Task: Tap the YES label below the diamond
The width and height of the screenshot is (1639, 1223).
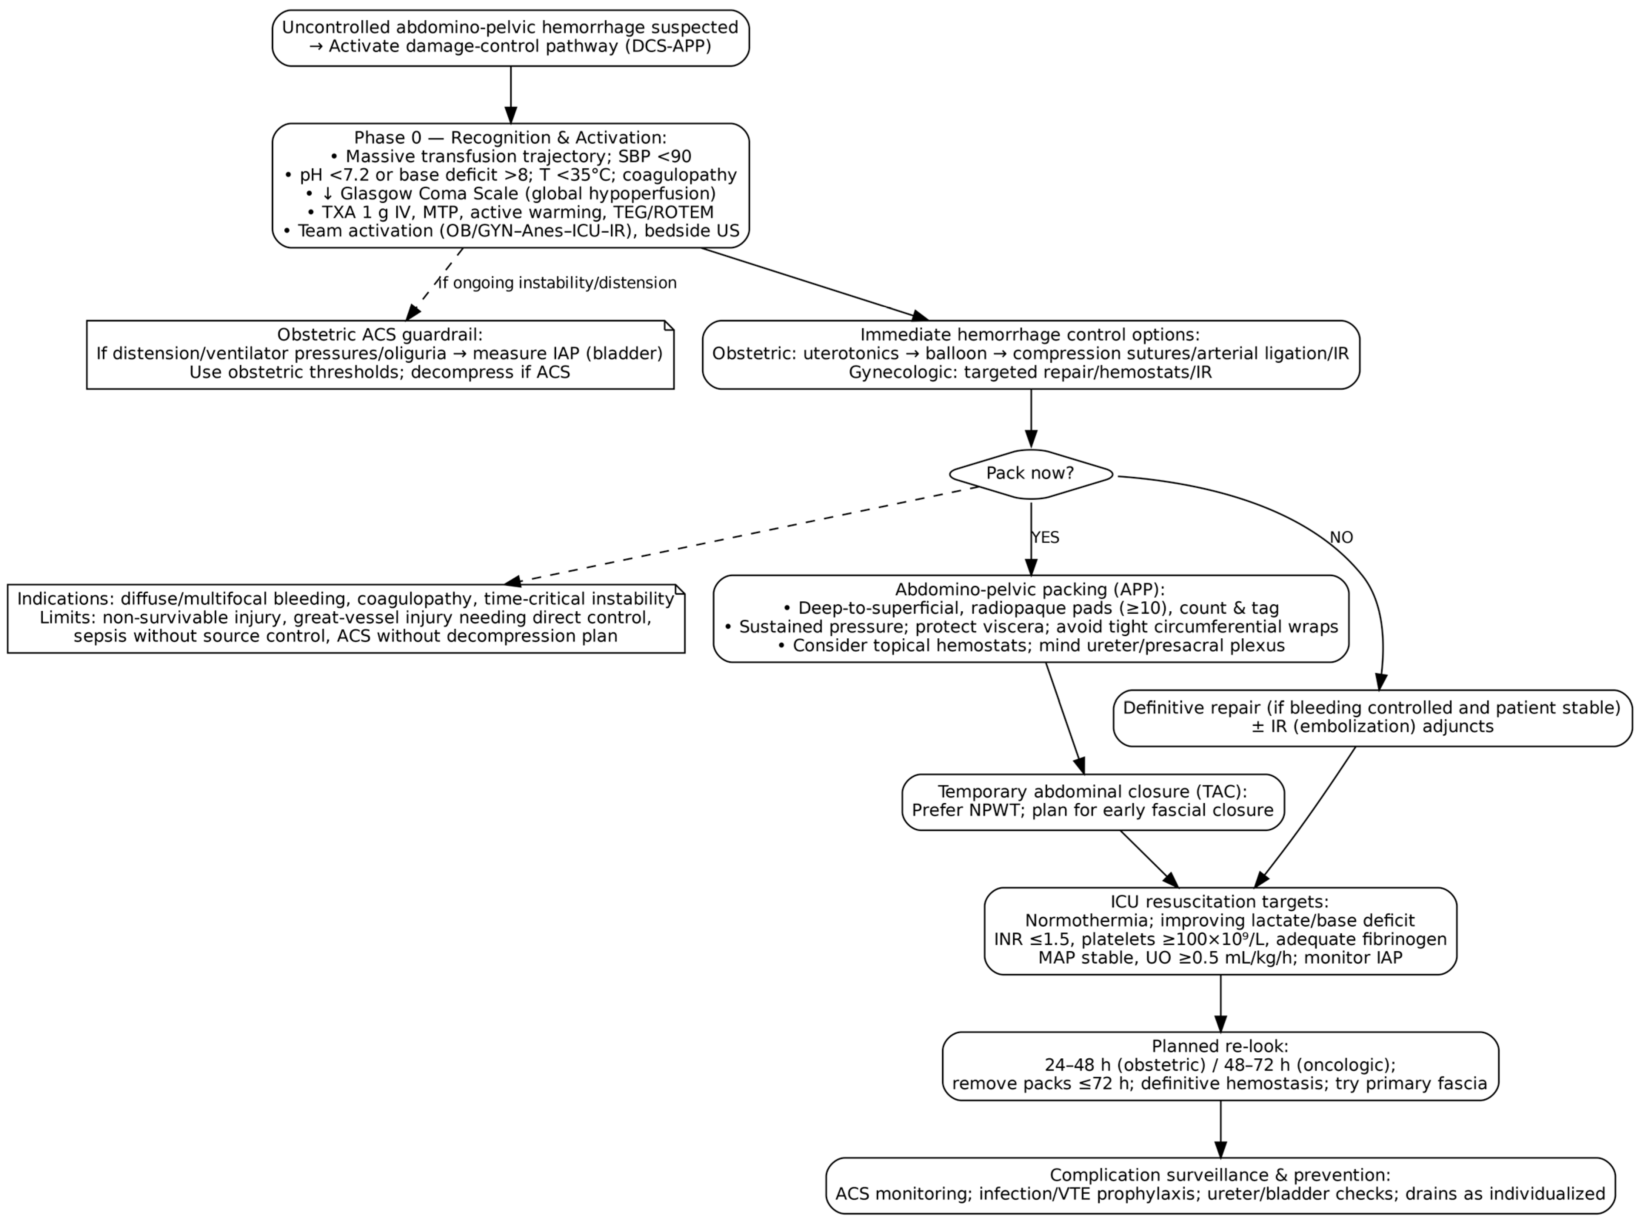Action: click(1045, 537)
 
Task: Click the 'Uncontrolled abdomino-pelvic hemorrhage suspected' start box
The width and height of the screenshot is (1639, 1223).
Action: click(510, 37)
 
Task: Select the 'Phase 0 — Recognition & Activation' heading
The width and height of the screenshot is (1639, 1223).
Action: click(510, 138)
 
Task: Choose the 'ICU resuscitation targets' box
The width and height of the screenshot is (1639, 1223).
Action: click(1220, 931)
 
